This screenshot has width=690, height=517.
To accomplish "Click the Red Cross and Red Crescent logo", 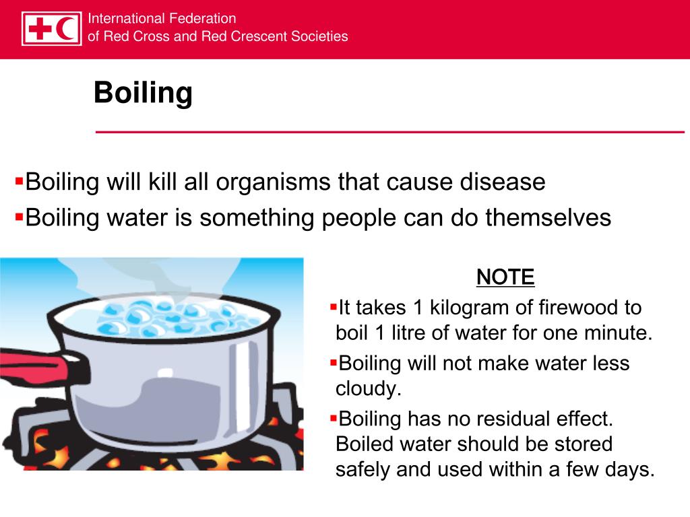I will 51,28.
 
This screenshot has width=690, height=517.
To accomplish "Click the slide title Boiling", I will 143,93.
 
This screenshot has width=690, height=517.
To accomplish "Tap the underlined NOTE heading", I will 505,277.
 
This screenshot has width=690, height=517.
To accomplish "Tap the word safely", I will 363,469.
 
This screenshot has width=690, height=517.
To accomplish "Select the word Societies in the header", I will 320,36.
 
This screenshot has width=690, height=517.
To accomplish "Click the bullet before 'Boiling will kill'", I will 19,180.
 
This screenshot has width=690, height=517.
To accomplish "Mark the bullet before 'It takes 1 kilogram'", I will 333,306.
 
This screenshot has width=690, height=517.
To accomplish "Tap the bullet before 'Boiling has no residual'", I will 333,417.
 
